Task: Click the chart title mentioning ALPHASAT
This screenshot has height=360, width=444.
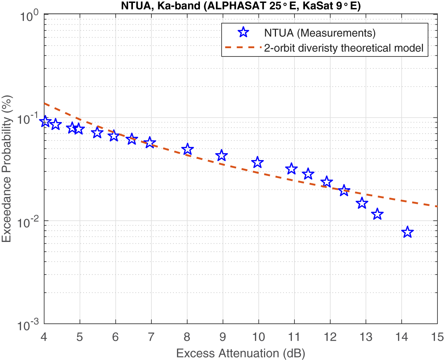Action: pyautogui.click(x=240, y=6)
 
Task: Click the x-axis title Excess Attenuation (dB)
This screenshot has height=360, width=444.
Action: pyautogui.click(x=240, y=352)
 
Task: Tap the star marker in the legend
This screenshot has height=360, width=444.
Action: pyautogui.click(x=243, y=33)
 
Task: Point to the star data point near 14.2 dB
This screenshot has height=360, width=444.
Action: pyautogui.click(x=407, y=232)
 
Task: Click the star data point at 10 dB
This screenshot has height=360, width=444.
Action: pyautogui.click(x=257, y=162)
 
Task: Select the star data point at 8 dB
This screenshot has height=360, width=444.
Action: pyautogui.click(x=187, y=149)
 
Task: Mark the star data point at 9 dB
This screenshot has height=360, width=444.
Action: pyautogui.click(x=222, y=155)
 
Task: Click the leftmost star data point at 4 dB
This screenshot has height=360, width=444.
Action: pyautogui.click(x=45, y=122)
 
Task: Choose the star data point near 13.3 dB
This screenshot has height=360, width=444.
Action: pyautogui.click(x=377, y=214)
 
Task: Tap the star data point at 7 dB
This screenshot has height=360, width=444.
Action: pyautogui.click(x=150, y=143)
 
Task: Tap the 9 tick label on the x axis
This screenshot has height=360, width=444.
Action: pyautogui.click(x=223, y=337)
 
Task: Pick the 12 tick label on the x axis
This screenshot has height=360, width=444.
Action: pyautogui.click(x=330, y=337)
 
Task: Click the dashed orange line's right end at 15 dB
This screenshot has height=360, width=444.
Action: pyautogui.click(x=436, y=206)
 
